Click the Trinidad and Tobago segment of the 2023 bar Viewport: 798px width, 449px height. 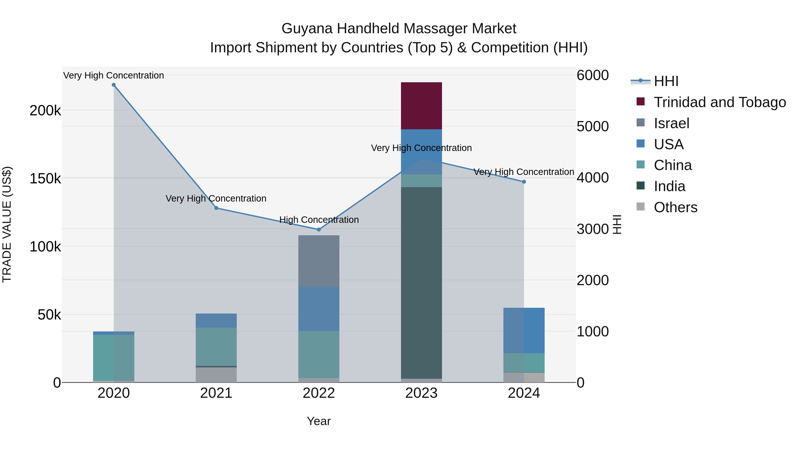click(x=421, y=106)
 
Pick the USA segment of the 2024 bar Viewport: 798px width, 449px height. click(x=524, y=330)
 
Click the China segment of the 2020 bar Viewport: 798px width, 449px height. click(x=114, y=358)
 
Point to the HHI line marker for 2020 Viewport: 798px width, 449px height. click(x=114, y=85)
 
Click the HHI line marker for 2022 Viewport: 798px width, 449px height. click(x=319, y=230)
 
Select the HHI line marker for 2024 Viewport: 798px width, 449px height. click(x=524, y=182)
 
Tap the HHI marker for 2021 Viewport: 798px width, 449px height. click(x=216, y=208)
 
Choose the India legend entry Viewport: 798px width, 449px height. click(x=669, y=186)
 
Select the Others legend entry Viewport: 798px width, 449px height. click(x=675, y=207)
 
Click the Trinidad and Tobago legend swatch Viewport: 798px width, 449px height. click(x=640, y=102)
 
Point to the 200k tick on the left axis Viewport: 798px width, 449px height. click(x=45, y=111)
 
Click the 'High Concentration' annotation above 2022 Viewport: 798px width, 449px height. click(x=319, y=220)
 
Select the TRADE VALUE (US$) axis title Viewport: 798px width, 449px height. click(x=7, y=224)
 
